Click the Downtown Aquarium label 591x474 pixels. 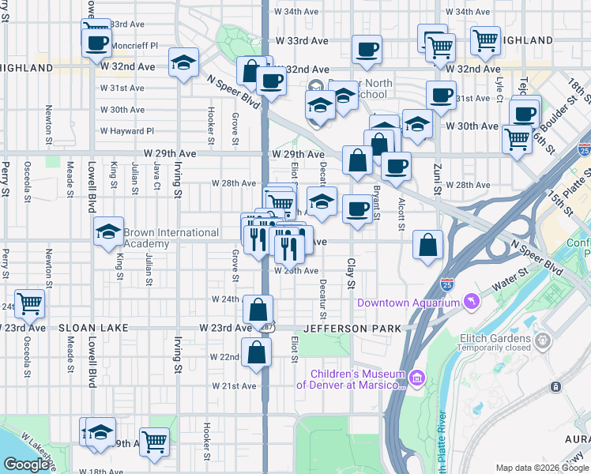pos(408,303)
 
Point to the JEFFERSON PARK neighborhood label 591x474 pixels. pos(353,328)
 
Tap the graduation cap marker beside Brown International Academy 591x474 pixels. pos(109,232)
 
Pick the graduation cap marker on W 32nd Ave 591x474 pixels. pos(184,63)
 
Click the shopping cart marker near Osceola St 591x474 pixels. pos(29,302)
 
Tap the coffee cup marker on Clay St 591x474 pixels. pos(358,209)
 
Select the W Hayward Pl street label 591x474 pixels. pos(126,131)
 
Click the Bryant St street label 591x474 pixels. pos(376,202)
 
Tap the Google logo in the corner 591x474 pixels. pos(28,465)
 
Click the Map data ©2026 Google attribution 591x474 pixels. pos(541,468)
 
